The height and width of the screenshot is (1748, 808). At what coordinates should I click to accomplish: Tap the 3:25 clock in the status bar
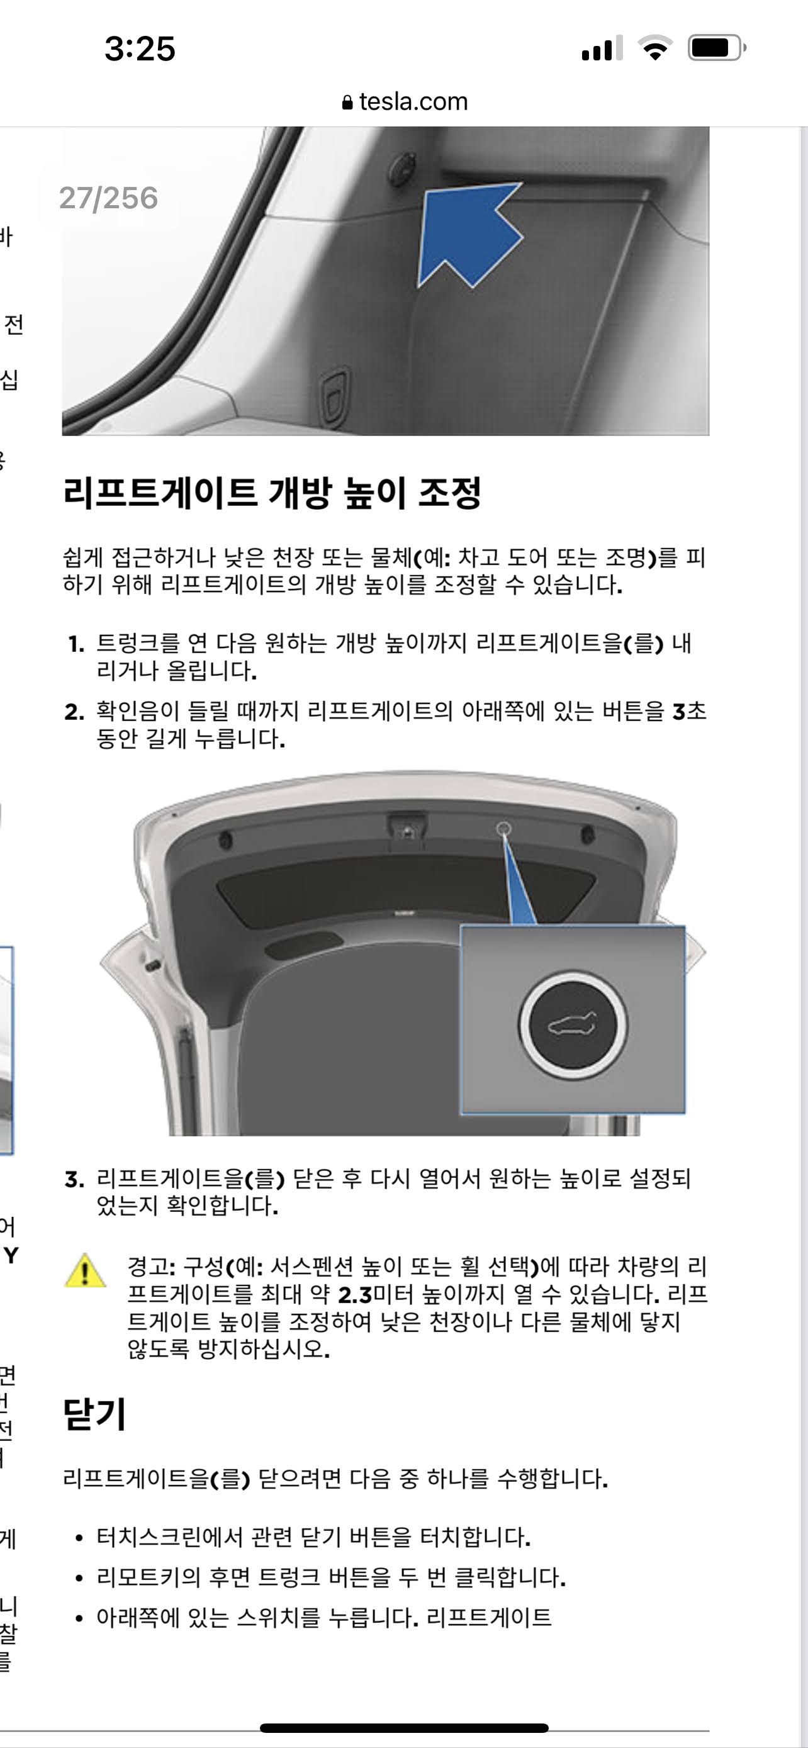click(x=140, y=49)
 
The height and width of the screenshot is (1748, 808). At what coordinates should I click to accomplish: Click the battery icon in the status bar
click(x=716, y=48)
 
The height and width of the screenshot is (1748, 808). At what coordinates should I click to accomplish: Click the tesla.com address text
click(x=413, y=102)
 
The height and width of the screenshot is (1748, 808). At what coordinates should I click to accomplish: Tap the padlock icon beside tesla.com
click(x=347, y=103)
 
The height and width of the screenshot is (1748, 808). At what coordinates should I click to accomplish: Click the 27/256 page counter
click(x=108, y=198)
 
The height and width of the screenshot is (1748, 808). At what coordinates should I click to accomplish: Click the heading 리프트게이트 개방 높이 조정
click(x=271, y=492)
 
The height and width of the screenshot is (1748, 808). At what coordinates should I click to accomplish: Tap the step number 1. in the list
click(x=76, y=644)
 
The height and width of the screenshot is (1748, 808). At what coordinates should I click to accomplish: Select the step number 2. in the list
click(x=75, y=712)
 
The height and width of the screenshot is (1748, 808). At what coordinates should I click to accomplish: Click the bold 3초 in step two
click(x=689, y=711)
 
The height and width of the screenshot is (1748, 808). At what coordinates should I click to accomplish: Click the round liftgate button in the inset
click(x=573, y=1025)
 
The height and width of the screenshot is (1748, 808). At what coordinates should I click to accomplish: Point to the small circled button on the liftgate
click(x=503, y=829)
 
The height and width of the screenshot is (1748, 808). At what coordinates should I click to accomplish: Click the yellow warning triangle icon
click(x=85, y=1270)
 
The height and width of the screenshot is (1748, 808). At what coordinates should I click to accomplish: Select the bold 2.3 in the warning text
click(x=356, y=1295)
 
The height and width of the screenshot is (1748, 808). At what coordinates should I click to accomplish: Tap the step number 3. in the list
click(x=75, y=1179)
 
